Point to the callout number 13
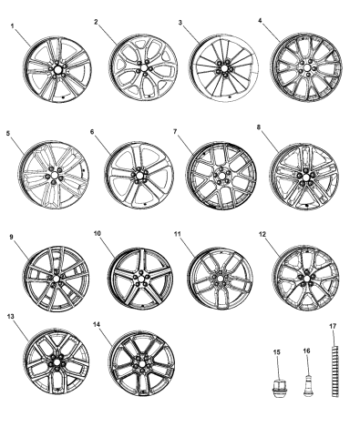[x=11, y=318]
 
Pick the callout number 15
[x=277, y=351]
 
